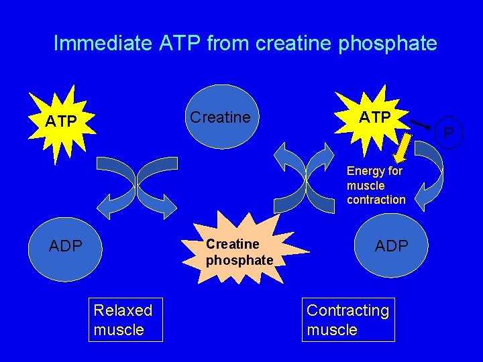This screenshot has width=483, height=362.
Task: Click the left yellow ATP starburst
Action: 60,121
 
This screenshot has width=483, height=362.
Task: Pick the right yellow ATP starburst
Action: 374,118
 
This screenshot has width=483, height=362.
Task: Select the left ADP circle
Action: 65,246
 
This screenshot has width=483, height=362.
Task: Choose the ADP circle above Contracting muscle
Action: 391,246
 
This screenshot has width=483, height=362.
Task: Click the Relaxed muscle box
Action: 127,320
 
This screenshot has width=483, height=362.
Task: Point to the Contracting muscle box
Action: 348,320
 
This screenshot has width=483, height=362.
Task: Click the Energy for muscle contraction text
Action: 376,185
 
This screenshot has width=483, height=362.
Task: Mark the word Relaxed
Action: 123,310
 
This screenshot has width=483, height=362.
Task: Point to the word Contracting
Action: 347,310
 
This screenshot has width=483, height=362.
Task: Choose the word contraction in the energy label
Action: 376,200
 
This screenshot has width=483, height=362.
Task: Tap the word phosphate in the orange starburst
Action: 239,259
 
